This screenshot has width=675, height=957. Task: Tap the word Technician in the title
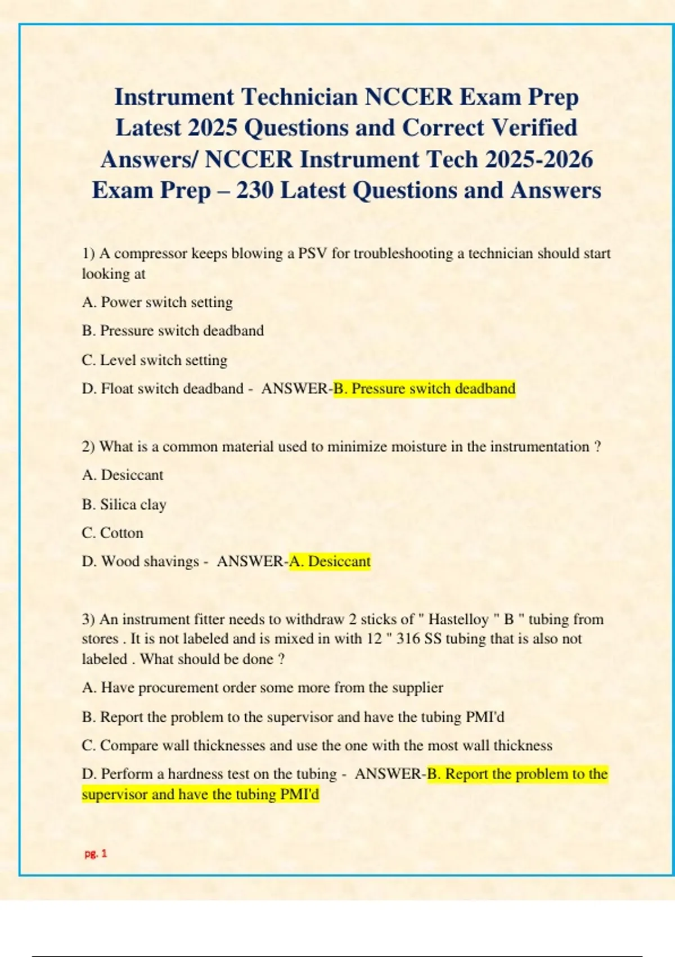click(x=301, y=97)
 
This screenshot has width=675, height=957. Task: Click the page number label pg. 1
click(x=96, y=853)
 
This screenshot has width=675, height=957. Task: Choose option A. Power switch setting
click(x=157, y=302)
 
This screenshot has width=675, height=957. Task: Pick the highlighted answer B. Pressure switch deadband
click(x=424, y=388)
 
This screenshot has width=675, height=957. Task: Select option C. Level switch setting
click(x=154, y=360)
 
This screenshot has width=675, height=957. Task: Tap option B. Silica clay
click(x=124, y=504)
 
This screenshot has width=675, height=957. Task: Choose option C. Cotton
click(x=112, y=533)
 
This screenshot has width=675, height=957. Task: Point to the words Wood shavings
click(x=150, y=561)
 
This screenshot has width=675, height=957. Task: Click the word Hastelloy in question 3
click(x=458, y=619)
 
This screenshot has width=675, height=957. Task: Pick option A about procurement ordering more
click(x=262, y=687)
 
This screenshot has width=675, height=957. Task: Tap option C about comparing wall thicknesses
click(x=317, y=745)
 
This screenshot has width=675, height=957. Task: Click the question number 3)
click(x=88, y=619)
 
